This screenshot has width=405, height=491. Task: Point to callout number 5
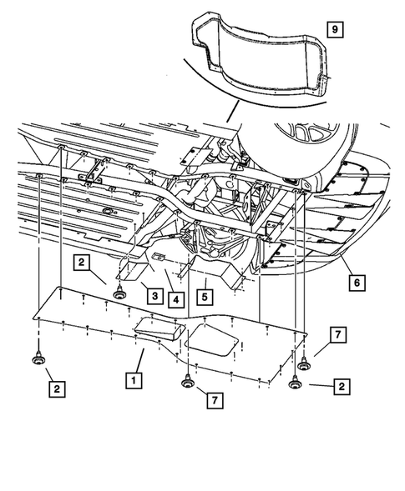point(203,294)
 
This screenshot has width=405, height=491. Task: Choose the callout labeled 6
point(356,283)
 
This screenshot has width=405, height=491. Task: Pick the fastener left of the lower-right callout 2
point(295,383)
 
